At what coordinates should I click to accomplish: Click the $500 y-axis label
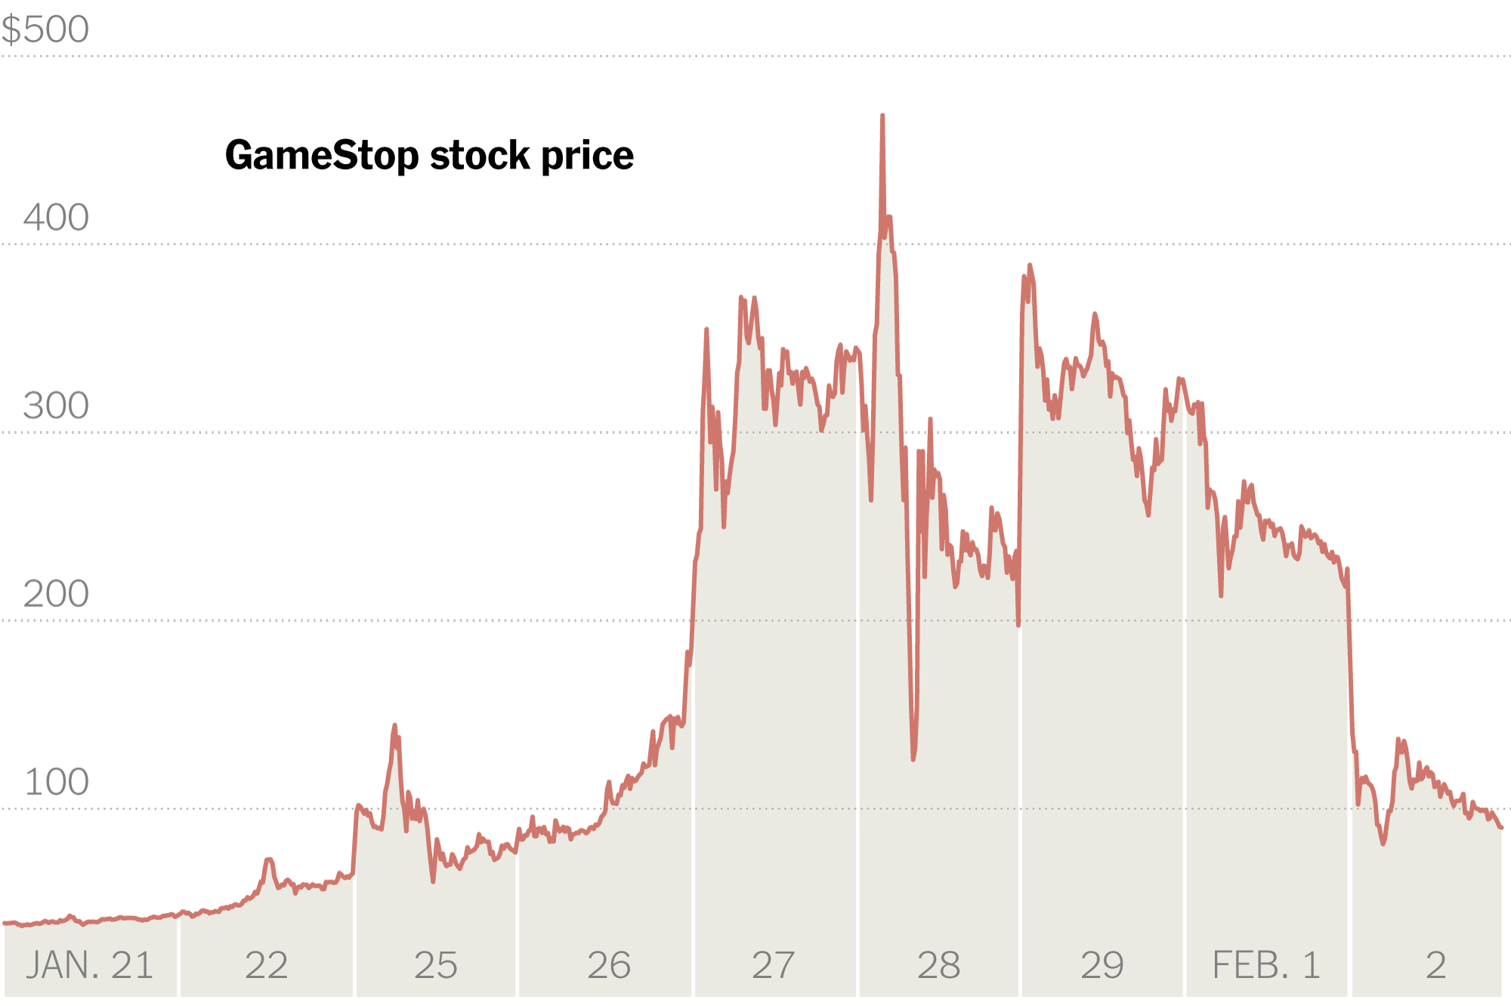coord(45,30)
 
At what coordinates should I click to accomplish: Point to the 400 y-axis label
coord(56,218)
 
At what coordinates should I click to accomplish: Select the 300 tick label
coord(56,406)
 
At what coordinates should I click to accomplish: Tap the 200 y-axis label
coord(56,594)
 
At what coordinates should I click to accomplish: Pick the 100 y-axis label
coord(56,782)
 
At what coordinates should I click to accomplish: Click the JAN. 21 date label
coord(89,965)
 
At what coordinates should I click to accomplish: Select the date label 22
coord(266,965)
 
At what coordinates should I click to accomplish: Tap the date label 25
coord(436,965)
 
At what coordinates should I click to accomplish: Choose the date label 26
coord(609,965)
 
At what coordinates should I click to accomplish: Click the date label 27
coord(773,965)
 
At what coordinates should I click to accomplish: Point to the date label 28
coord(938,965)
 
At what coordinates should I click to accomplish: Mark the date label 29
coord(1102,965)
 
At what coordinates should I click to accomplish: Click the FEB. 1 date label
coord(1266,965)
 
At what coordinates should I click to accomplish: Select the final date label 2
coord(1435,965)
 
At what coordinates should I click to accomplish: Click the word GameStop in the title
coord(322,156)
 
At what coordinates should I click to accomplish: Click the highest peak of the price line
coord(882,116)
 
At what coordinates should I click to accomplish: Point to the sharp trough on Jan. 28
coord(913,758)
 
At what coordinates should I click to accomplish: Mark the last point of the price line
coord(1501,828)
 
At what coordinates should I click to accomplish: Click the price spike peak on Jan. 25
coord(394,726)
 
